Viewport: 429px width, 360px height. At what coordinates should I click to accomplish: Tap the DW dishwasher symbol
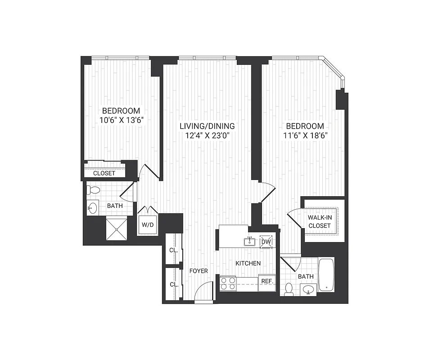click(x=266, y=242)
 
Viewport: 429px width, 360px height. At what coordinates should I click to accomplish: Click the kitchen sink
click(x=249, y=242)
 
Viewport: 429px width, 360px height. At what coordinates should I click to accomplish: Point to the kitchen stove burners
click(x=228, y=283)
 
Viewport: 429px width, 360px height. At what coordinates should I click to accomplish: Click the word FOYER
click(x=198, y=271)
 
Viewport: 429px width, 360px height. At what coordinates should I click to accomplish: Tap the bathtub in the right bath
click(x=326, y=274)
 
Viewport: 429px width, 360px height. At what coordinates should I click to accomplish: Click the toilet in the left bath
click(x=93, y=189)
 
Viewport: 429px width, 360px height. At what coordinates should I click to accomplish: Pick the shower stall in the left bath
click(x=117, y=229)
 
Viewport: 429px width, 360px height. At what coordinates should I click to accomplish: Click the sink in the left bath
click(x=93, y=208)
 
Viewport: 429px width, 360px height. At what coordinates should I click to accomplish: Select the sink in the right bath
click(x=308, y=289)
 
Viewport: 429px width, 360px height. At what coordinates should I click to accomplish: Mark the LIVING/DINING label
click(x=207, y=126)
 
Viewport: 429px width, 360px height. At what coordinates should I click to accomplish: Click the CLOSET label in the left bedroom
click(x=104, y=173)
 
